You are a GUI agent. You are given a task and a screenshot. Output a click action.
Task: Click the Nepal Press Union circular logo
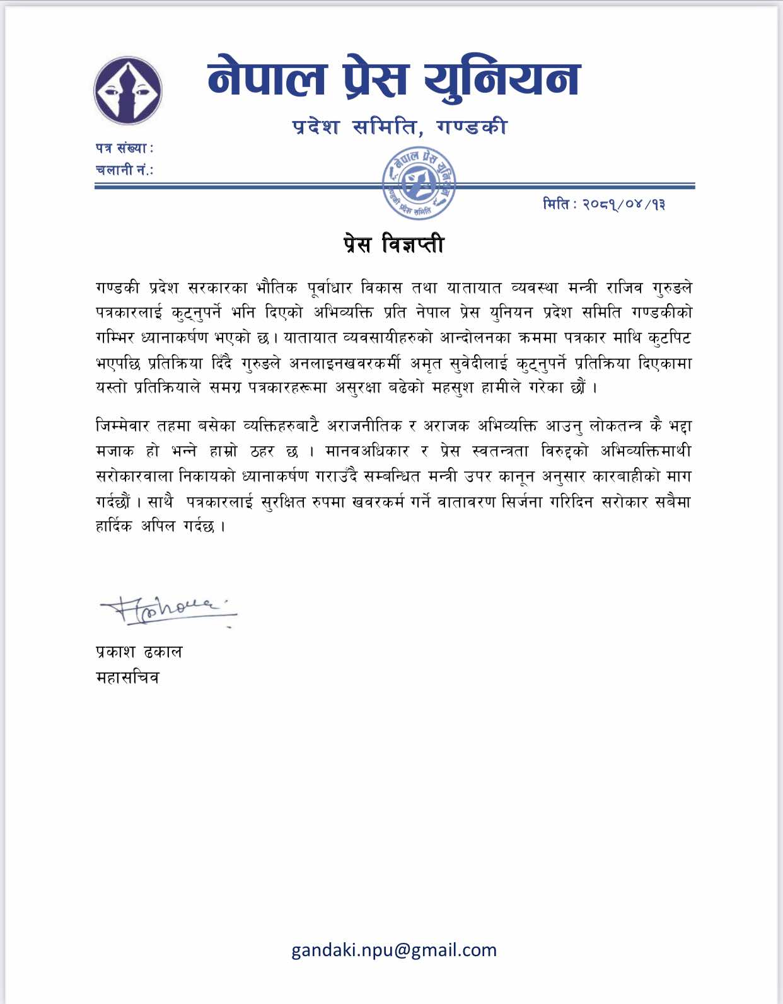(128, 90)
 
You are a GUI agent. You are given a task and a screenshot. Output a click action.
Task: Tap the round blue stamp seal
(419, 183)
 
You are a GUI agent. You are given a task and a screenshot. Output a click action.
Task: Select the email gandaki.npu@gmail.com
(393, 950)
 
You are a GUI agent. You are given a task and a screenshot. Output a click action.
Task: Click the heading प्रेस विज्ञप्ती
(393, 245)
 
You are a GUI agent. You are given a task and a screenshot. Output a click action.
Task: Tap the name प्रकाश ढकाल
(139, 652)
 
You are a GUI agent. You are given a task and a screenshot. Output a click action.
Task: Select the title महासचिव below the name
(127, 678)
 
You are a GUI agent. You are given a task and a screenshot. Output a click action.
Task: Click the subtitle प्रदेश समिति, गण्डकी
(400, 127)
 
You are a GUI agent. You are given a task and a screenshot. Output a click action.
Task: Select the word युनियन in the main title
(502, 78)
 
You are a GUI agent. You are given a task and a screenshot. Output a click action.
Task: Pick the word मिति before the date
(556, 204)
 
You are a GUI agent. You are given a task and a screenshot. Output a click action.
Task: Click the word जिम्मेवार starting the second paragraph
(122, 426)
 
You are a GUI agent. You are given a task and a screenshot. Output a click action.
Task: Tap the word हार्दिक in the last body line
(113, 526)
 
